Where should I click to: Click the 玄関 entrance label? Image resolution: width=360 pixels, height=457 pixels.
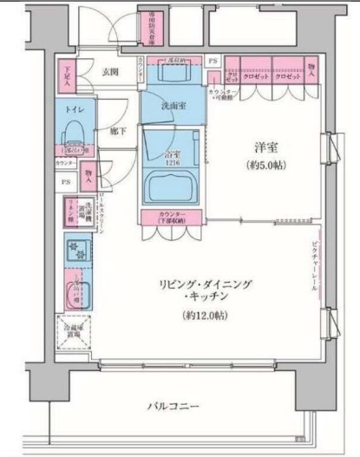click(109, 72)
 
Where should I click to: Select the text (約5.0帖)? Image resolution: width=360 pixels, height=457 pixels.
click(265, 164)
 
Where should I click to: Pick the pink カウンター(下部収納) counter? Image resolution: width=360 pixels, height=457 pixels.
click(174, 216)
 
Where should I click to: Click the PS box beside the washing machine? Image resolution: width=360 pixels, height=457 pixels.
click(66, 183)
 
